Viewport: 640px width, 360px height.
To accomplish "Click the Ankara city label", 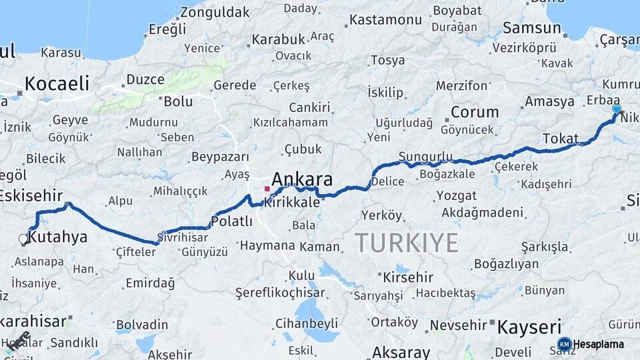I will pyautogui.click(x=302, y=179).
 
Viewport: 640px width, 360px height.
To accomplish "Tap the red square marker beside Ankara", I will pyautogui.click(x=267, y=189).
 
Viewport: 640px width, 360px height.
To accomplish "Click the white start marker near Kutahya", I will pyautogui.click(x=23, y=239).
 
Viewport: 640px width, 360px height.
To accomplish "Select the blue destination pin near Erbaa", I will pyautogui.click(x=616, y=109).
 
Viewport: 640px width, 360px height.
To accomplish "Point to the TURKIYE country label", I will pyautogui.click(x=407, y=243).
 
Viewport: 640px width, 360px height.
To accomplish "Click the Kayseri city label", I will pyautogui.click(x=530, y=327).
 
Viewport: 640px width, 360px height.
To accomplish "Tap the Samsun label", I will pyautogui.click(x=532, y=28).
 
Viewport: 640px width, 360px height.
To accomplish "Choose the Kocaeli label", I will pyautogui.click(x=57, y=83).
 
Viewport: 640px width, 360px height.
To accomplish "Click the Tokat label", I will pyautogui.click(x=560, y=138).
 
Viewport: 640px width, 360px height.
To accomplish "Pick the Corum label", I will pyautogui.click(x=475, y=112).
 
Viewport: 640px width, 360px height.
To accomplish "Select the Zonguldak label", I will pyautogui.click(x=215, y=12).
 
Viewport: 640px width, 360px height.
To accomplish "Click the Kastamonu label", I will pyautogui.click(x=387, y=20).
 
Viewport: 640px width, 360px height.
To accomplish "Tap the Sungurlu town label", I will pyautogui.click(x=425, y=157).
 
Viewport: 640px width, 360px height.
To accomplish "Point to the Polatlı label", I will pyautogui.click(x=231, y=221).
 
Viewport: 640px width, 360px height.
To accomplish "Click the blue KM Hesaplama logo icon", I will pyautogui.click(x=564, y=344).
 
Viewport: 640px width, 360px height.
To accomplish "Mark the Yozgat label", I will pyautogui.click(x=457, y=196).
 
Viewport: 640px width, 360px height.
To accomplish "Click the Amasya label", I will pyautogui.click(x=549, y=101).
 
